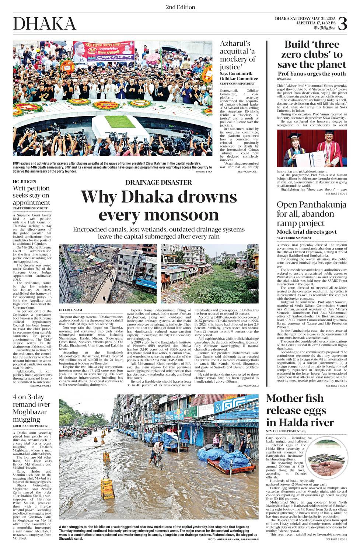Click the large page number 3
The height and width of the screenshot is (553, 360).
tap(342, 24)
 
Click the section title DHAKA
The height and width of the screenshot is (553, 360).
tap(45, 24)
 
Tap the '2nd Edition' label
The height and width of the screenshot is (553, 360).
tap(180, 7)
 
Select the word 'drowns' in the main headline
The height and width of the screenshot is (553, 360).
tap(206, 197)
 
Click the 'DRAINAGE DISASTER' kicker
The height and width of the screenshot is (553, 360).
tap(158, 182)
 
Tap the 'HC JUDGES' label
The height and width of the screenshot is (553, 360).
tap(24, 181)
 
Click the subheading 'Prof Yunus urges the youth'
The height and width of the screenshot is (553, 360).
tap(312, 74)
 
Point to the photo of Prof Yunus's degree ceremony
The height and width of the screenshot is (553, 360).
tap(312, 148)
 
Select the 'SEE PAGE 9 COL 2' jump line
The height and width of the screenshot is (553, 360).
tap(248, 386)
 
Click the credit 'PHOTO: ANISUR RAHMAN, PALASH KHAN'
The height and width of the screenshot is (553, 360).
tap(233, 539)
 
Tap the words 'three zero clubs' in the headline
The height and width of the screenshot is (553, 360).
tap(312, 49)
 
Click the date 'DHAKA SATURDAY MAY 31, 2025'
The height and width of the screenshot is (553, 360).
tap(304, 18)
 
